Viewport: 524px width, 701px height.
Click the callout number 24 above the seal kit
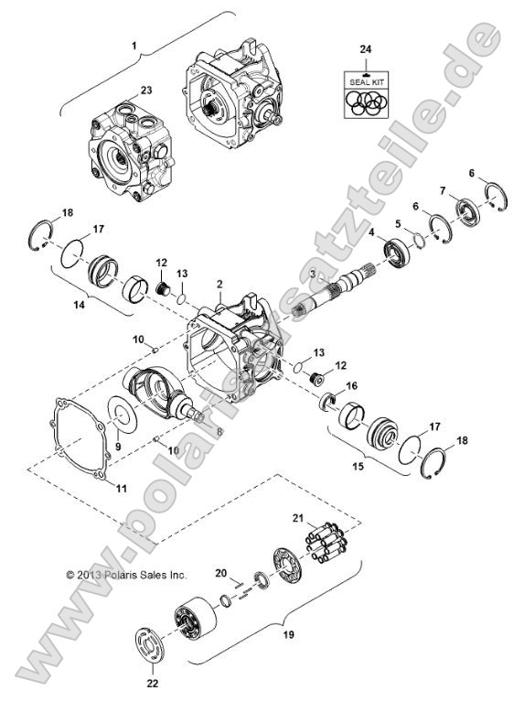click(366, 48)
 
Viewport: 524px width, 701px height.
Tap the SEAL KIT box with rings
click(366, 93)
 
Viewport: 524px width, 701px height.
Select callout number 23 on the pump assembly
click(146, 90)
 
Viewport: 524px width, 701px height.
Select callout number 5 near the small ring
click(398, 222)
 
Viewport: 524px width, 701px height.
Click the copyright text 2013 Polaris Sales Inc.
click(125, 575)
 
